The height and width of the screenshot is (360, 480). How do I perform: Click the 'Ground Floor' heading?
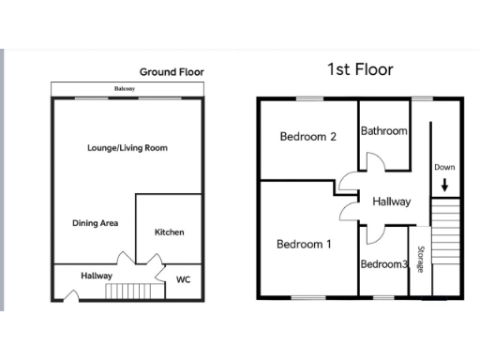(x=172, y=71)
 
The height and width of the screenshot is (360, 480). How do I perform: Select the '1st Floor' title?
(x=360, y=69)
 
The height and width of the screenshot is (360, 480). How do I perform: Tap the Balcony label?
(x=125, y=89)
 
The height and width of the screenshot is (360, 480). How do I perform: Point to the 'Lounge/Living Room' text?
(x=127, y=148)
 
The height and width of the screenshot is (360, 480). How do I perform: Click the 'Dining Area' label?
(x=95, y=223)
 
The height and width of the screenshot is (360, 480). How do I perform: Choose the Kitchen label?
(x=169, y=232)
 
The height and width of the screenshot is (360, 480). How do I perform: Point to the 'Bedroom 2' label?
(x=307, y=137)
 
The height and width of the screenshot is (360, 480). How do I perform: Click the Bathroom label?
(x=384, y=131)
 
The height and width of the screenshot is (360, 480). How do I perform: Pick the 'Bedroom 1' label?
(x=304, y=245)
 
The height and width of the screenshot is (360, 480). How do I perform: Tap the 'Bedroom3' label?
(x=384, y=264)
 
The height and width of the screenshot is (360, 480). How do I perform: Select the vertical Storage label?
(x=421, y=261)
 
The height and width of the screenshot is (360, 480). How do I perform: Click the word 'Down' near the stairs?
(x=444, y=167)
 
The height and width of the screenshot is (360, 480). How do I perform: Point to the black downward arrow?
(x=444, y=185)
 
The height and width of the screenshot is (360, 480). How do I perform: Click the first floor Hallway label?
(x=391, y=202)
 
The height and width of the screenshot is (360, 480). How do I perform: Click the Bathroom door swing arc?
(x=374, y=160)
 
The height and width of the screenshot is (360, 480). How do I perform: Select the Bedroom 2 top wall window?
(x=308, y=98)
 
